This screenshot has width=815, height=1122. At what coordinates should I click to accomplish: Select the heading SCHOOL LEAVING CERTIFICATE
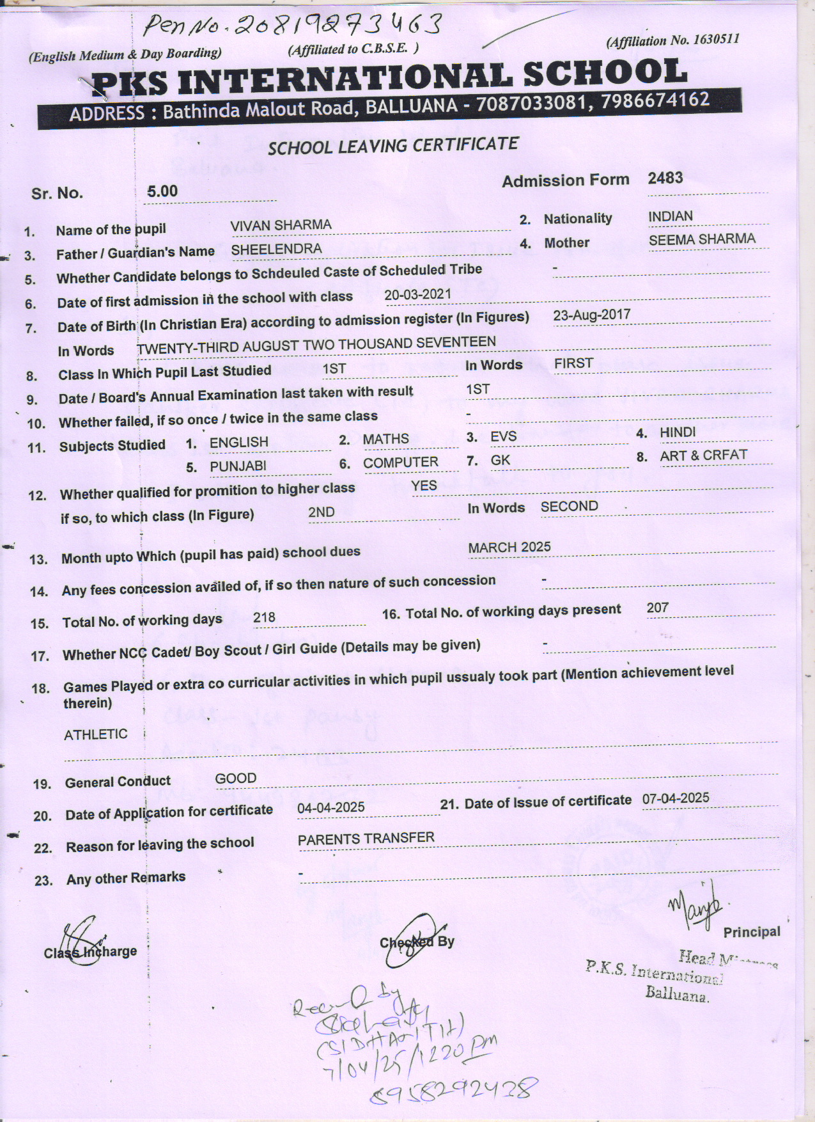pyautogui.click(x=393, y=146)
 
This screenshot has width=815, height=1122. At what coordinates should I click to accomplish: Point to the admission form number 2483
pyautogui.click(x=665, y=178)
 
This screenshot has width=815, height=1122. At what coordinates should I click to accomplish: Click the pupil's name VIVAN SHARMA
pyautogui.click(x=281, y=225)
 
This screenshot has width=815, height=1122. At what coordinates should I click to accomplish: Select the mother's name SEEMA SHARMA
pyautogui.click(x=701, y=240)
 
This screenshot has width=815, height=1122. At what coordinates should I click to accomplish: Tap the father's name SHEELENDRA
pyautogui.click(x=276, y=249)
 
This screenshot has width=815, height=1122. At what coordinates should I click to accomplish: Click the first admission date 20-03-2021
pyautogui.click(x=417, y=294)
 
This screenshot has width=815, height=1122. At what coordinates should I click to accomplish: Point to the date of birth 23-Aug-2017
pyautogui.click(x=591, y=315)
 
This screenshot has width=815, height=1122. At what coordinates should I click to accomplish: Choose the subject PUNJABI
pyautogui.click(x=238, y=466)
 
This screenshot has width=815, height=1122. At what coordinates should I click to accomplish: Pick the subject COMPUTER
pyautogui.click(x=400, y=462)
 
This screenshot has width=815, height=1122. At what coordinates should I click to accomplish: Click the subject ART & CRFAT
pyautogui.click(x=703, y=455)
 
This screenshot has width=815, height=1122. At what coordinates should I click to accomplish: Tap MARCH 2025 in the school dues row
pyautogui.click(x=509, y=548)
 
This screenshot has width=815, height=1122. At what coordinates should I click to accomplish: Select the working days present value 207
pyautogui.click(x=657, y=608)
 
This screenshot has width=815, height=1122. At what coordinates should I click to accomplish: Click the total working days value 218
pyautogui.click(x=264, y=617)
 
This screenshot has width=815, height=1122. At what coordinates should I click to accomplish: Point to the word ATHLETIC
pyautogui.click(x=95, y=734)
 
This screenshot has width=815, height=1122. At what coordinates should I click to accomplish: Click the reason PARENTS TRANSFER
pyautogui.click(x=366, y=839)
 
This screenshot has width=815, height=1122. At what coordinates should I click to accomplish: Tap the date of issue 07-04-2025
pyautogui.click(x=676, y=798)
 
